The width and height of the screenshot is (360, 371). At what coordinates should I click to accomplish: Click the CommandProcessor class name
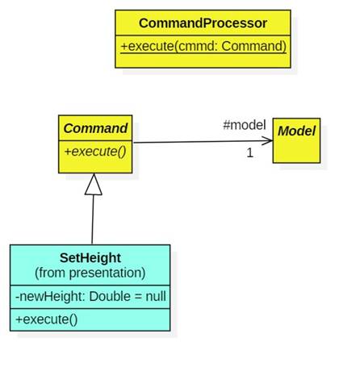tap(203, 23)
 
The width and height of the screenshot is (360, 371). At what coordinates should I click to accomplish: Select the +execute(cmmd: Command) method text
tap(203, 45)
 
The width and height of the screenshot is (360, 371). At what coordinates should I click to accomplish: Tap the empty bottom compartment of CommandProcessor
tap(203, 61)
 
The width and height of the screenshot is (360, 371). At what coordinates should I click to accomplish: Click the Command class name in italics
tap(95, 128)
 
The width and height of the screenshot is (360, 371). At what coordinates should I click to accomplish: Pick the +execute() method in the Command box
tap(95, 151)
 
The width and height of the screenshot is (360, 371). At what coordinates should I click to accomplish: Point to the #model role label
tap(244, 125)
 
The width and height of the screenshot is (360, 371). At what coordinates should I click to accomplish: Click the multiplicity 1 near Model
tap(249, 152)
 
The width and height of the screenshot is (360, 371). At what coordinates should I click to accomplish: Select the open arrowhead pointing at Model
tap(267, 141)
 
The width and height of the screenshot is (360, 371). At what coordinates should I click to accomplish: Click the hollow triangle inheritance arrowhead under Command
tap(94, 184)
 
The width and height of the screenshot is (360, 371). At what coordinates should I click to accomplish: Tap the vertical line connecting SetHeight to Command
tap(93, 219)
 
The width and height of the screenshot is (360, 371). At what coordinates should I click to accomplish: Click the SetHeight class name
tap(90, 258)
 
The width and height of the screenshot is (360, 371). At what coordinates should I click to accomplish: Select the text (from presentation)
tap(90, 273)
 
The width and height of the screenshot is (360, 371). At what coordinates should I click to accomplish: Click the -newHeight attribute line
tap(90, 296)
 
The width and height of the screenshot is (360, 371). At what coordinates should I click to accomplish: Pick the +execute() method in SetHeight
tap(47, 319)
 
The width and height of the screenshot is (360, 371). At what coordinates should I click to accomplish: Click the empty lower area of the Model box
tap(296, 152)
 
